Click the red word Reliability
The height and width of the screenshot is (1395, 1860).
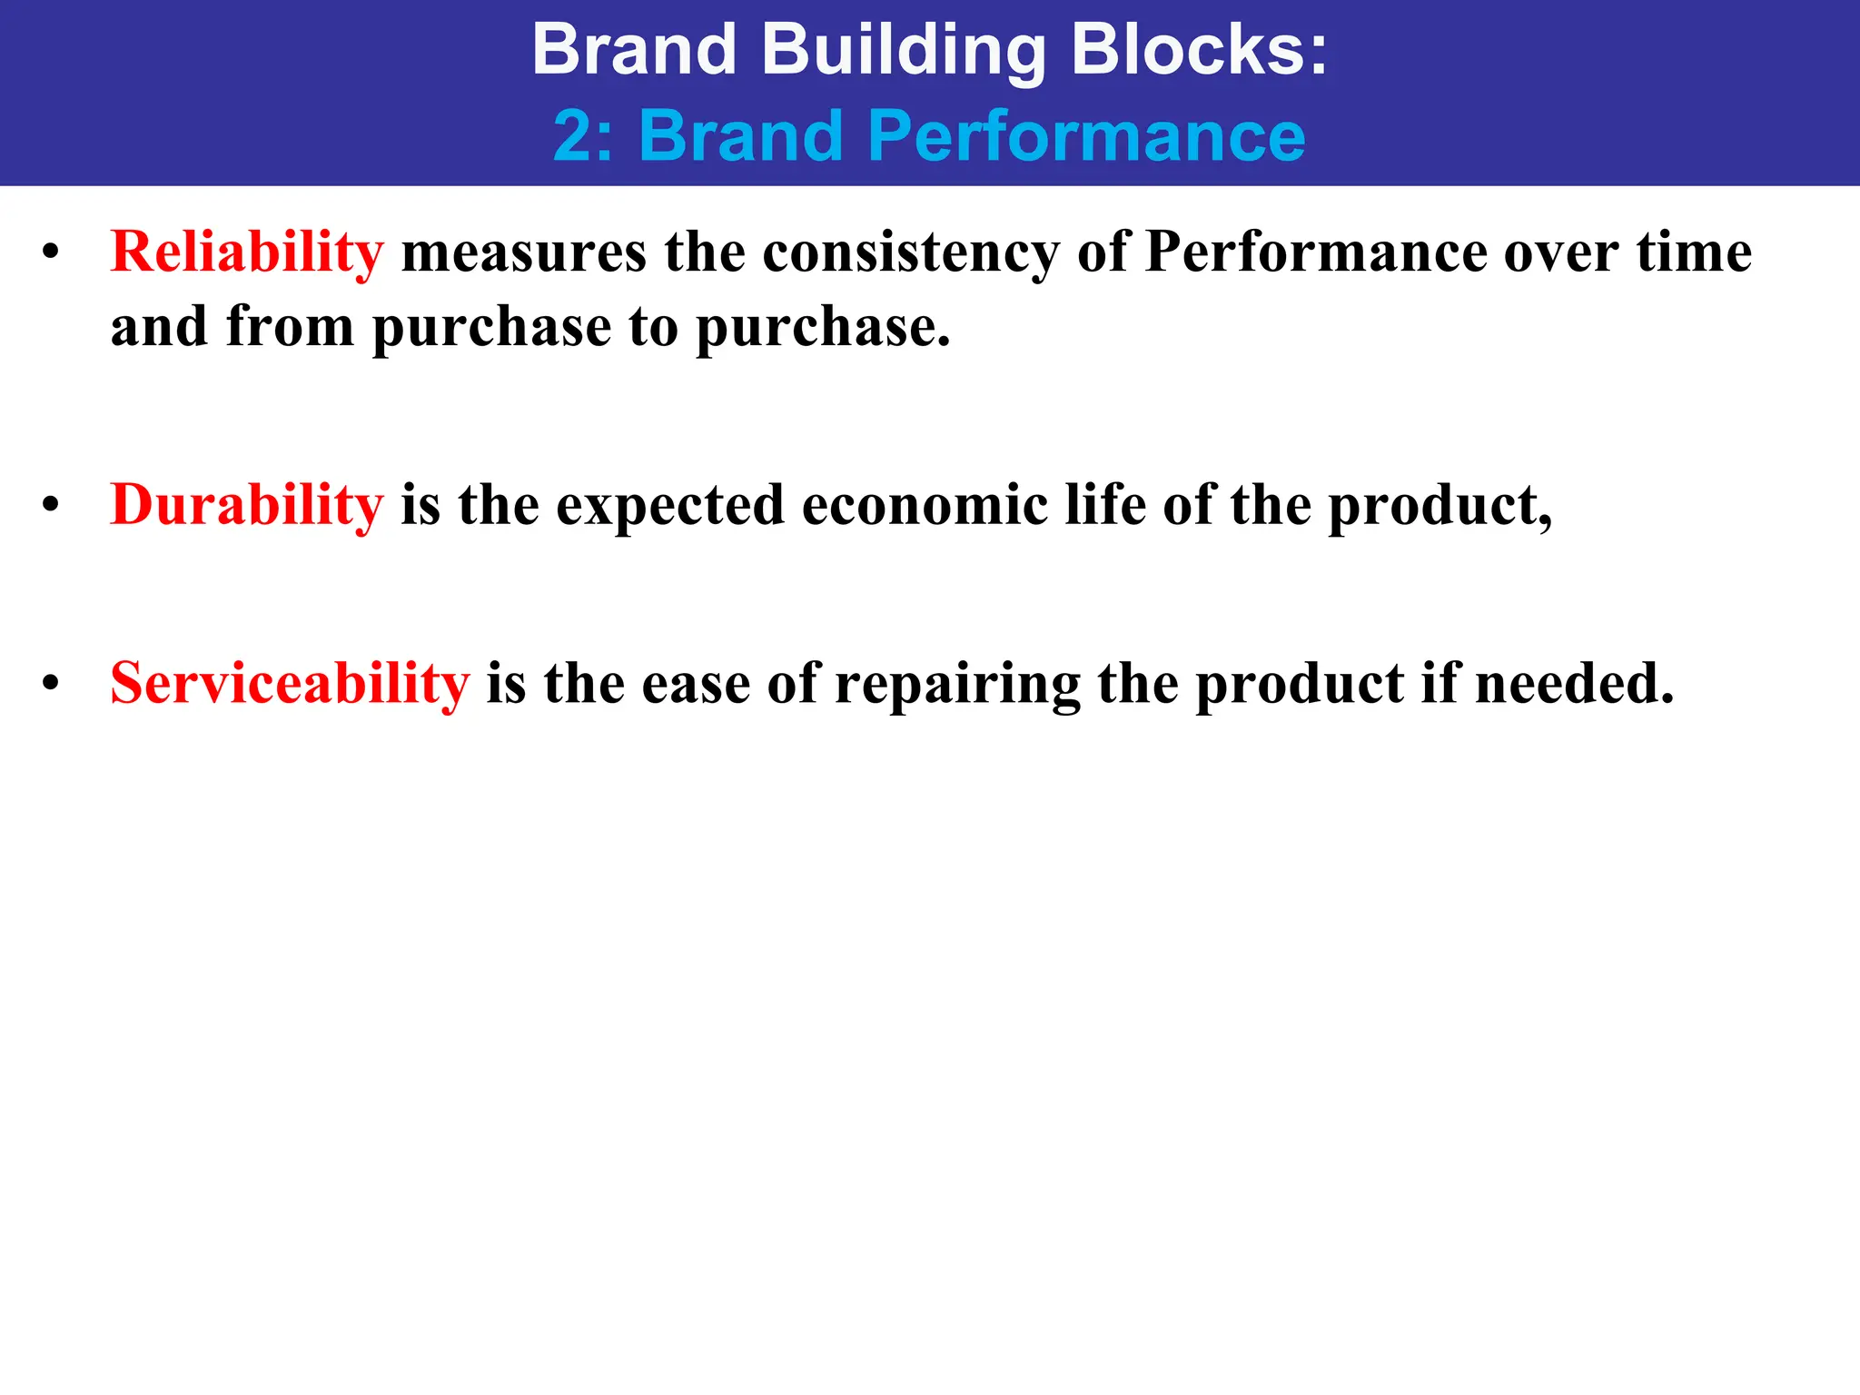pyautogui.click(x=247, y=252)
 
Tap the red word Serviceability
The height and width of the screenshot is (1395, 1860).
pyautogui.click(x=290, y=683)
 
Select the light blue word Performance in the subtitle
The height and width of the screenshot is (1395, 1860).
pyautogui.click(x=1086, y=136)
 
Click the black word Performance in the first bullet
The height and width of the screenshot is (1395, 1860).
pyautogui.click(x=1315, y=252)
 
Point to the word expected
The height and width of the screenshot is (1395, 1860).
pyautogui.click(x=669, y=506)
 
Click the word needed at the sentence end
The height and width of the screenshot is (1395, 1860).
pyautogui.click(x=1574, y=683)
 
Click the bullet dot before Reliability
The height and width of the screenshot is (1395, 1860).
pyautogui.click(x=51, y=253)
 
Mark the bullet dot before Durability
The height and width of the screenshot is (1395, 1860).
pyautogui.click(x=51, y=506)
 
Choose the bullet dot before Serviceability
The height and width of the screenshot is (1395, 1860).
pyautogui.click(x=51, y=685)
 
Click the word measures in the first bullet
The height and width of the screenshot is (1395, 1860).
pyautogui.click(x=524, y=252)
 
